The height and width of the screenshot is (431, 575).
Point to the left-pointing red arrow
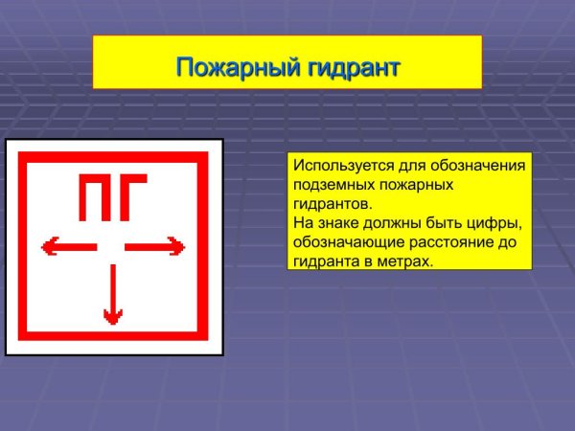tap(68, 248)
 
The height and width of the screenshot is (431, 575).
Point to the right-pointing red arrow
tap(155, 248)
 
